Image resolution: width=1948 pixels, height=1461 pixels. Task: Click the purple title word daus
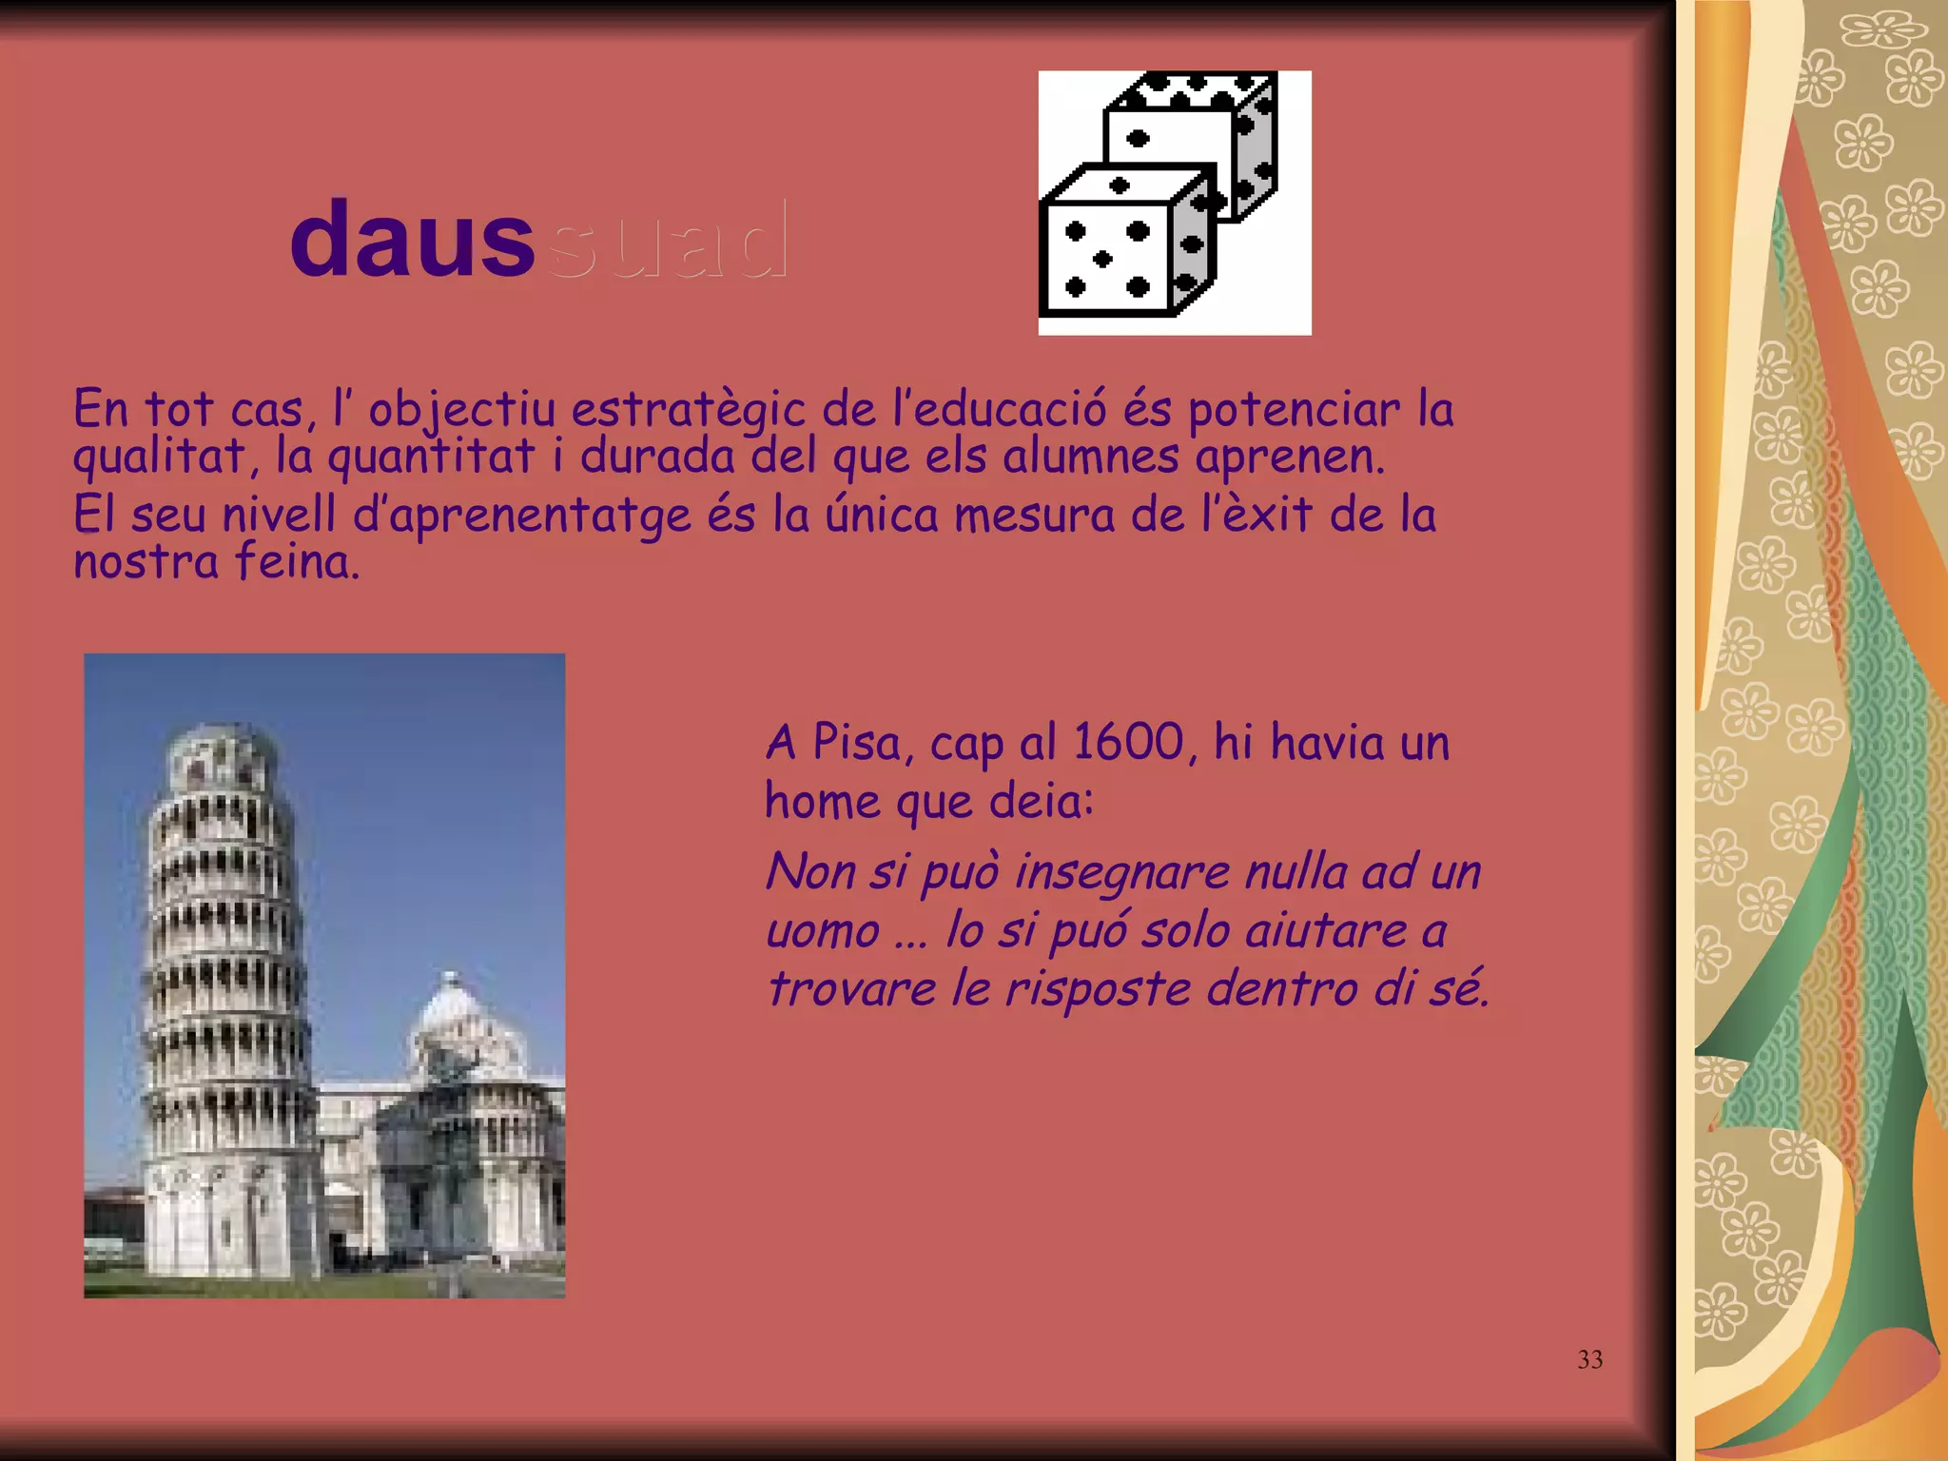pyautogui.click(x=411, y=240)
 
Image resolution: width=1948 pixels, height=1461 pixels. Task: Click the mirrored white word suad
pyautogui.click(x=669, y=240)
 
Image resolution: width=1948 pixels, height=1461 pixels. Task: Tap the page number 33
pyautogui.click(x=1589, y=1359)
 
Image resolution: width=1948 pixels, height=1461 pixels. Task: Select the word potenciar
pyautogui.click(x=1294, y=410)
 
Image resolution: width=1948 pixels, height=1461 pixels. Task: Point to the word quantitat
pyautogui.click(x=431, y=456)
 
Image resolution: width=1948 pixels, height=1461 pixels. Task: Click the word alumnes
pyautogui.click(x=1090, y=456)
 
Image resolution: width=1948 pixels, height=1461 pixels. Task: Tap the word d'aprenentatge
pyautogui.click(x=521, y=516)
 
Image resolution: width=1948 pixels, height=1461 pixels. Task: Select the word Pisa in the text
pyautogui.click(x=856, y=742)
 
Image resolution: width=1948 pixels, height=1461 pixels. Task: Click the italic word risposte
pyautogui.click(x=1098, y=989)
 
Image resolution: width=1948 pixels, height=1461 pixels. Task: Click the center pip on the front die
pyautogui.click(x=1103, y=259)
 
